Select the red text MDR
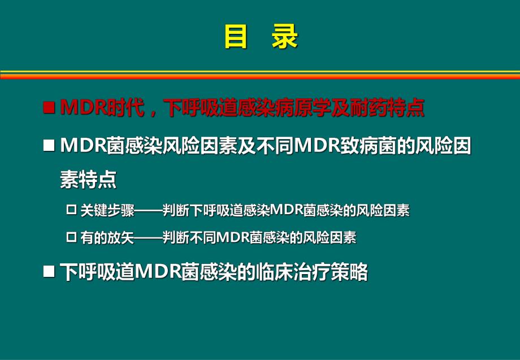pos(80,108)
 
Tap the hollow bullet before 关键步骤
pos(71,210)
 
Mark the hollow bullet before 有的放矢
pos(71,238)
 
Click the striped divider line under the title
pos(260,75)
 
